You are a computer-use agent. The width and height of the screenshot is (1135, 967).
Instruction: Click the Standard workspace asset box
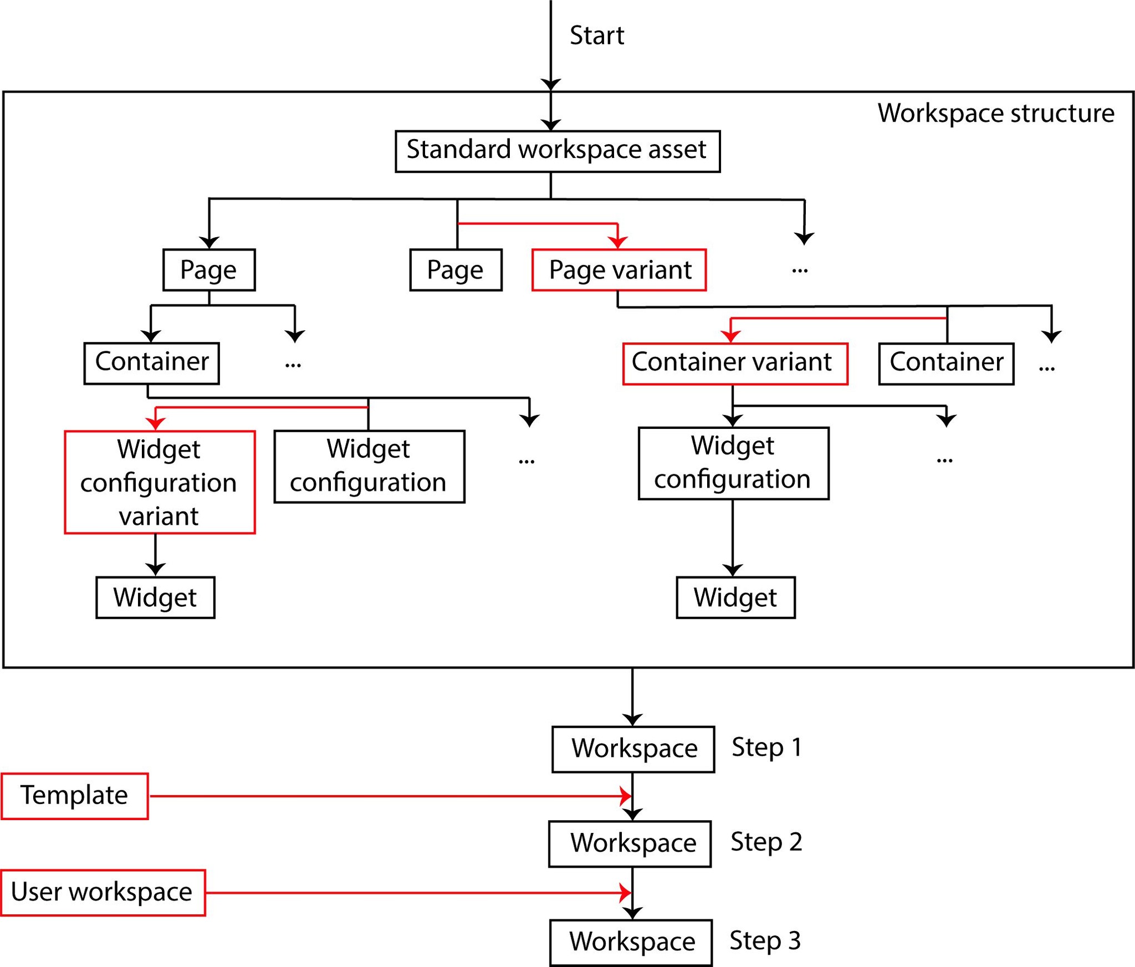point(558,151)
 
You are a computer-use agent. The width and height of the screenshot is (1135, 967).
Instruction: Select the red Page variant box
point(619,270)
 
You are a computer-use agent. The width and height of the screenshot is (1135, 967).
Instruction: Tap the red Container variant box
point(735,364)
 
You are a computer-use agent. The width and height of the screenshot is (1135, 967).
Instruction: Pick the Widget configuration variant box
point(160,482)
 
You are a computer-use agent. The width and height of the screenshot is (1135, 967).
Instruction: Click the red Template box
point(75,796)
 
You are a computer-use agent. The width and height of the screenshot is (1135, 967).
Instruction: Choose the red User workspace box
point(103,893)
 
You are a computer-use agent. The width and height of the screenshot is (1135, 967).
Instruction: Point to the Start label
point(597,35)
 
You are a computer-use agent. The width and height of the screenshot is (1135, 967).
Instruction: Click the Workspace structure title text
point(996,113)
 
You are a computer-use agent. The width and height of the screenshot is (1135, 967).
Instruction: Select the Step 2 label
point(766,842)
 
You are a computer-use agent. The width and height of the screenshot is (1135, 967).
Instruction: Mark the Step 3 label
point(765,941)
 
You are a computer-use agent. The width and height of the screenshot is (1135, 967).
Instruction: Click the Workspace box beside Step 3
point(631,943)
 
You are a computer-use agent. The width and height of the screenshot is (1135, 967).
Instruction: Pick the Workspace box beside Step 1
point(633,749)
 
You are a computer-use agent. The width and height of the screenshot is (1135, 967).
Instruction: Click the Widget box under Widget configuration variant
point(155,597)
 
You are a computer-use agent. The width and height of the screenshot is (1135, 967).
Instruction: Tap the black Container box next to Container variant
point(946,364)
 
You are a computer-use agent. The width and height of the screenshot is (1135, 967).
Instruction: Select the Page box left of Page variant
point(456,270)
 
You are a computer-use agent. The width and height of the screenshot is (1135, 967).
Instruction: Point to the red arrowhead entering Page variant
point(617,242)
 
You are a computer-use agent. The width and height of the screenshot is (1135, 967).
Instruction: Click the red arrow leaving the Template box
point(388,796)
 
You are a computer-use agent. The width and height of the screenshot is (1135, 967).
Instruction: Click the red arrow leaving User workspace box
point(416,893)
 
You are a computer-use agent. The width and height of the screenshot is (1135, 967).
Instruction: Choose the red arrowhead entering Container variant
point(731,336)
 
